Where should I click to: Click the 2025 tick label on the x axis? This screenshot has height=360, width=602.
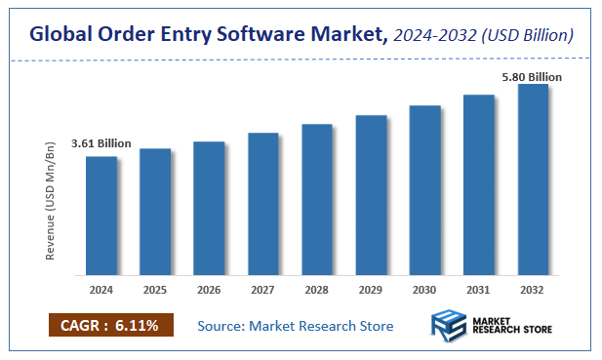[155, 290]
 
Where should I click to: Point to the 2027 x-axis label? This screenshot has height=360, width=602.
[263, 290]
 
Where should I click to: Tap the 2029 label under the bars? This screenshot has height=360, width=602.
[371, 290]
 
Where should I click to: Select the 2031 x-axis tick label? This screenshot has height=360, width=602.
[479, 290]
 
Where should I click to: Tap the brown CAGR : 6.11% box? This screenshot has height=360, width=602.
[109, 325]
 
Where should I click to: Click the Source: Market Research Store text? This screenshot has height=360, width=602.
[295, 325]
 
